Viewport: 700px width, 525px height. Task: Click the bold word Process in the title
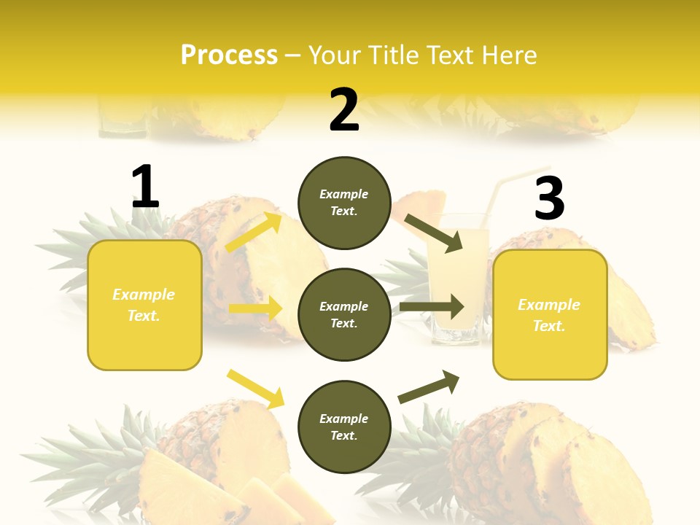[x=229, y=55]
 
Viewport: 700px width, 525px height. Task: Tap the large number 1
[x=145, y=187]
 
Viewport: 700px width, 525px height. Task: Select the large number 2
[x=344, y=111]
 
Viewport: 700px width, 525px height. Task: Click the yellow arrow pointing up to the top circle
[x=254, y=232]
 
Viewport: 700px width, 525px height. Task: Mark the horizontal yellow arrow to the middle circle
[x=255, y=308]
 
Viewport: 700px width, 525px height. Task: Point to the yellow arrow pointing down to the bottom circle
[x=255, y=388]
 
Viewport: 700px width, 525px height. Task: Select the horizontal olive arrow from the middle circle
[x=432, y=307]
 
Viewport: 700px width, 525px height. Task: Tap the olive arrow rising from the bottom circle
[x=429, y=386]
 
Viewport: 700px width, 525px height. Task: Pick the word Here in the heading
[x=509, y=55]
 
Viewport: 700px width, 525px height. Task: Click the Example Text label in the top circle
[x=344, y=203]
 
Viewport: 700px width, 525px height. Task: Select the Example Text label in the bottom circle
[x=344, y=427]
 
